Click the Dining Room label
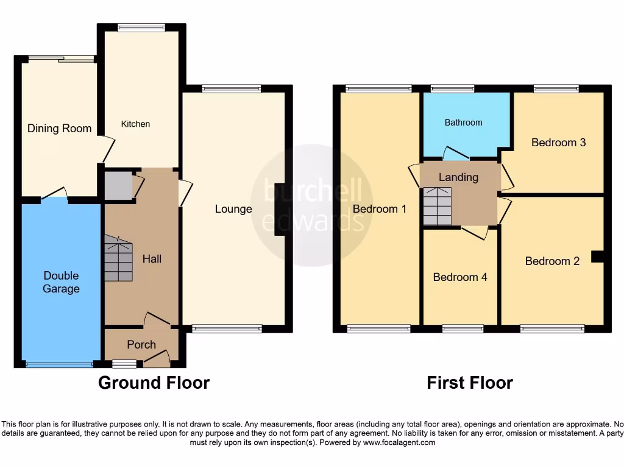click(59, 128)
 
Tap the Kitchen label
click(135, 124)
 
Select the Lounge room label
click(233, 209)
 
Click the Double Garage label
click(61, 282)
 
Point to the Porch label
click(141, 344)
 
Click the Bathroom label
click(463, 122)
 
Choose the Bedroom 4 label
click(460, 277)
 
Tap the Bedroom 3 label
click(558, 143)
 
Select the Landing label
click(458, 177)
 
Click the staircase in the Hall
click(118, 259)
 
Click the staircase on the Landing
click(438, 206)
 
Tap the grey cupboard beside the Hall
click(118, 186)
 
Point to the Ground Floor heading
click(154, 383)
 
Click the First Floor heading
click(469, 383)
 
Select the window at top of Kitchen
click(141, 27)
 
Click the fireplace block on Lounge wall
click(280, 208)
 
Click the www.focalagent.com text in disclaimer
click(399, 442)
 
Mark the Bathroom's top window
click(452, 88)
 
